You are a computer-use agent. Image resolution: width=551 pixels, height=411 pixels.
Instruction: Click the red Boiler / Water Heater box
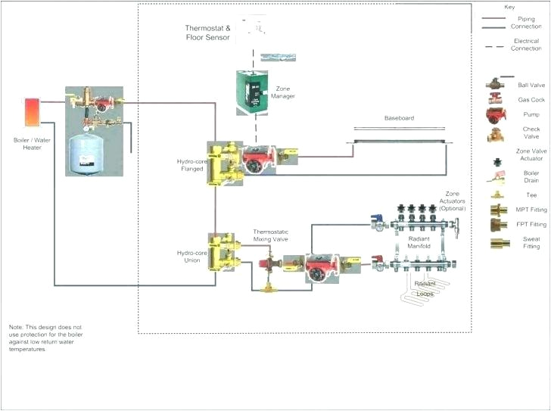coord(33,112)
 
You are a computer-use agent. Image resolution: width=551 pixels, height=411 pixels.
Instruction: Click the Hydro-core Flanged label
coord(190,165)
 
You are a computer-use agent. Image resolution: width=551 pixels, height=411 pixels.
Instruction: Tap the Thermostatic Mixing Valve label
coord(270,235)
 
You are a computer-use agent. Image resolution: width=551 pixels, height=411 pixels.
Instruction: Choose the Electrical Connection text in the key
coord(526,45)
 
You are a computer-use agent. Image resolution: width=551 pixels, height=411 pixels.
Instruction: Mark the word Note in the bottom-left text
coord(16,324)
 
